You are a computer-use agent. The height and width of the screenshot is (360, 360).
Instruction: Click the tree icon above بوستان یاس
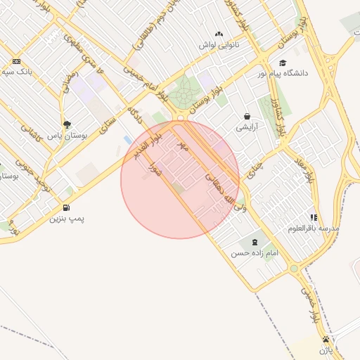click(x=67, y=124)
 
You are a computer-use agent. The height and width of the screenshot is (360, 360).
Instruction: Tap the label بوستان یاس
click(x=65, y=135)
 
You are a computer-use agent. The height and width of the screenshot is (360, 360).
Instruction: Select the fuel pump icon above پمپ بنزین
click(x=66, y=207)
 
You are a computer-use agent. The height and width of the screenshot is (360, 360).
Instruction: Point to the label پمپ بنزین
click(x=66, y=219)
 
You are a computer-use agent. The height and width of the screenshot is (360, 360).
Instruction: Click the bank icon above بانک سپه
click(x=17, y=61)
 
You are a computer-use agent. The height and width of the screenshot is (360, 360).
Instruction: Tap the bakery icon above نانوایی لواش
click(x=219, y=34)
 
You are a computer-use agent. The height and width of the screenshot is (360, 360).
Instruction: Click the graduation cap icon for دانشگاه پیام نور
click(x=283, y=63)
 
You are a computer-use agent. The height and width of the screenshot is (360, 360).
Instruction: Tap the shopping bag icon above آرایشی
click(x=247, y=117)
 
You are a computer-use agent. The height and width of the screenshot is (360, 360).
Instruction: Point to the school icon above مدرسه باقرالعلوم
click(x=314, y=217)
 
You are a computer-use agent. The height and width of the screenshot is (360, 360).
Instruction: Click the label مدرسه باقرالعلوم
click(x=314, y=229)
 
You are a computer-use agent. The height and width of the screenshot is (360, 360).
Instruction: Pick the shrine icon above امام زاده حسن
click(x=254, y=242)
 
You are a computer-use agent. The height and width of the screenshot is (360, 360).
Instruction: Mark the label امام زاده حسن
click(x=254, y=252)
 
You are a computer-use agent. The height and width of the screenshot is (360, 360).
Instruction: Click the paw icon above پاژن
click(x=325, y=339)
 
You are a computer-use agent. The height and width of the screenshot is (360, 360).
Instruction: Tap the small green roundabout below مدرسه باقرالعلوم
click(x=294, y=268)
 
